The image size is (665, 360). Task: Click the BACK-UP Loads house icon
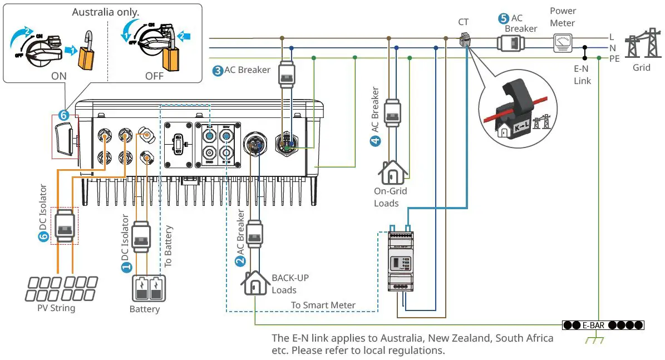[x=255, y=284]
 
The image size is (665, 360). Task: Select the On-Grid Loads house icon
[x=393, y=173]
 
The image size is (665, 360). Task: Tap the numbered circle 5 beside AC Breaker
[x=503, y=18]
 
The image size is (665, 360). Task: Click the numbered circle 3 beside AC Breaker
[x=218, y=71]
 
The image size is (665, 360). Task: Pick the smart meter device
[x=402, y=262]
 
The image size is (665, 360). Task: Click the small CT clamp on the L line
[x=464, y=40]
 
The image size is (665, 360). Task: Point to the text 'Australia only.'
[x=105, y=12]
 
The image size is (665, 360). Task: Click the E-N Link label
[x=583, y=75]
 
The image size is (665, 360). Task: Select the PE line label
[x=614, y=58]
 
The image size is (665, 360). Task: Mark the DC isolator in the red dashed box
[x=64, y=226]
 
